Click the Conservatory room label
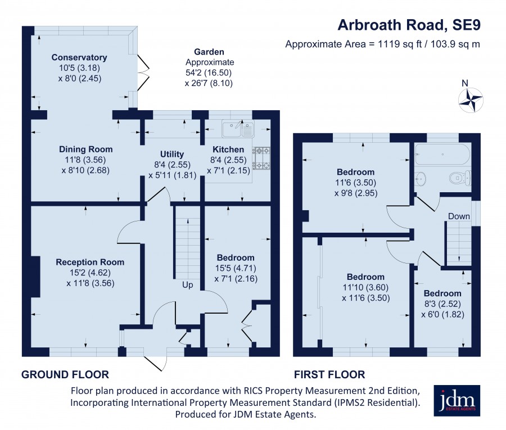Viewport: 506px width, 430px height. pos(79,57)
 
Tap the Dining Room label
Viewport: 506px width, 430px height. pos(86,150)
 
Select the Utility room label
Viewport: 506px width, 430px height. pos(172,154)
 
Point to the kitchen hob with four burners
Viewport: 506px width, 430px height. pos(261,158)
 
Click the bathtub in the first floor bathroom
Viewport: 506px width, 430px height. pos(442,154)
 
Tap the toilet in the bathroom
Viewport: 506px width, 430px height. pos(460,177)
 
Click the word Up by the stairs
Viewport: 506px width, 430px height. pos(187,285)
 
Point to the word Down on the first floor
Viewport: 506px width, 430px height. pos(459,216)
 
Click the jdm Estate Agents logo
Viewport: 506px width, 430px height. pos(457,400)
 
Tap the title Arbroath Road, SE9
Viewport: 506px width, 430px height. pos(409,25)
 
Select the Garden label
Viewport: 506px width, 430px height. pos(209,52)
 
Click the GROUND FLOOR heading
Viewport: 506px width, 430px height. pos(65,374)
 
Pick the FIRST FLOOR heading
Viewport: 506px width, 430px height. pos(329,374)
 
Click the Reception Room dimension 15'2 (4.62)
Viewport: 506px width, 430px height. pos(90,273)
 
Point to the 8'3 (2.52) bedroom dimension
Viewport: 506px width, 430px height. pos(442,304)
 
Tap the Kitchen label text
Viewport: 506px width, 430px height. pos(228,150)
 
